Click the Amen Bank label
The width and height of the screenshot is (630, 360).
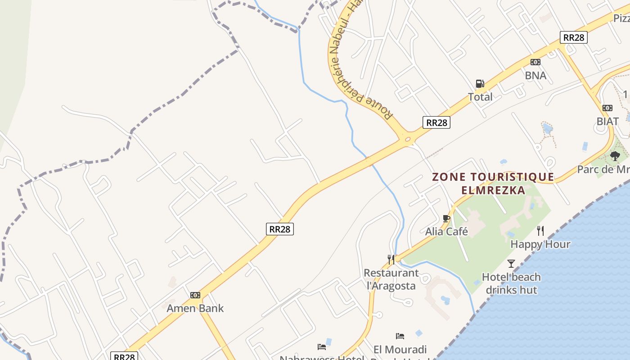[x=195, y=308]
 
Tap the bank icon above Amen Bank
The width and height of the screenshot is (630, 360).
[x=195, y=295]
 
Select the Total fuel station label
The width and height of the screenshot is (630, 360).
[x=480, y=97]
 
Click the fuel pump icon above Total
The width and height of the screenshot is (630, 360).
[x=480, y=84]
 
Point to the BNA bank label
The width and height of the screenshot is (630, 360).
[x=535, y=75]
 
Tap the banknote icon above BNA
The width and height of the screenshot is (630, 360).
[x=535, y=62]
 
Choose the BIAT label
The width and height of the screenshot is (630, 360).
[x=607, y=121]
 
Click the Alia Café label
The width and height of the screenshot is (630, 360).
[x=446, y=232]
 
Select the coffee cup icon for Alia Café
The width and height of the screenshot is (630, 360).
[x=446, y=219]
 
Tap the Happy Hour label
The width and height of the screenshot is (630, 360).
[x=540, y=244]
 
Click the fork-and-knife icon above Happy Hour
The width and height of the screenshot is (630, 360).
[x=540, y=231]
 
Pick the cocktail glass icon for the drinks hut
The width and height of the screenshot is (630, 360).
[x=511, y=264]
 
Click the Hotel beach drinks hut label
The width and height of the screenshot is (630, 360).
[x=511, y=283]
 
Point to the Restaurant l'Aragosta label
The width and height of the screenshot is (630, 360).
[x=391, y=279]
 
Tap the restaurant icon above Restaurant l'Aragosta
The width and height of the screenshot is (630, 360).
[x=391, y=259]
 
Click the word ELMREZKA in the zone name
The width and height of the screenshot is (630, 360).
[x=493, y=190]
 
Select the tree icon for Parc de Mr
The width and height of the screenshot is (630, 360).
[x=615, y=156]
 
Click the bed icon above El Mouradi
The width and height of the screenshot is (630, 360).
[x=400, y=336]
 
